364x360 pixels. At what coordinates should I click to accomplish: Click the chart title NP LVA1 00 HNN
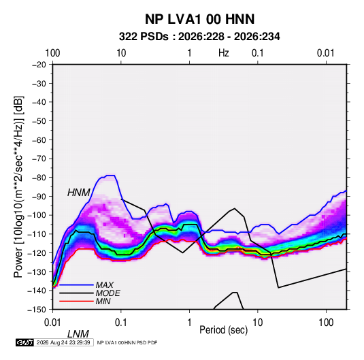pos(199,19)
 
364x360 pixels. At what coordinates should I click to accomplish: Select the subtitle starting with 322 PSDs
pos(199,37)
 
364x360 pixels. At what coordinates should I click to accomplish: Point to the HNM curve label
pos(79,193)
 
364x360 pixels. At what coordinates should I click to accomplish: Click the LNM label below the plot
pos(78,334)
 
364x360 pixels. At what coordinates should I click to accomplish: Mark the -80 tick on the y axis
pos(39,178)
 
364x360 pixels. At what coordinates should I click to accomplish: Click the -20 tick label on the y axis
pos(39,65)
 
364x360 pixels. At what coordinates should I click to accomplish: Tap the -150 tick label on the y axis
pos(37,310)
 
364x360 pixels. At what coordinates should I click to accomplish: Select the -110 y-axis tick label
pos(37,234)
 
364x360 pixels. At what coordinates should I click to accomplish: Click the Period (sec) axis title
pos(224,330)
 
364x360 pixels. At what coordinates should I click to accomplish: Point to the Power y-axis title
pos(18,186)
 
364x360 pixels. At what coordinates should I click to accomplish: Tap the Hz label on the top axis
pos(224,53)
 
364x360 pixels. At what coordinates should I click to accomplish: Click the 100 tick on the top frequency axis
pos(52,53)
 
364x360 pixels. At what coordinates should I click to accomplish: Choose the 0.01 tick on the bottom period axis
pos(52,323)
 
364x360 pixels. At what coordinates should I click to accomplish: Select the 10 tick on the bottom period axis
pos(258,323)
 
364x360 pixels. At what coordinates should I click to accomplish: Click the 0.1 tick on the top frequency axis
pos(258,53)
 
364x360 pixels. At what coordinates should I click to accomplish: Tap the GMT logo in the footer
pos(25,342)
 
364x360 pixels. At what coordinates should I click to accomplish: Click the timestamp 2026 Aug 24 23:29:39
pos(63,342)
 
